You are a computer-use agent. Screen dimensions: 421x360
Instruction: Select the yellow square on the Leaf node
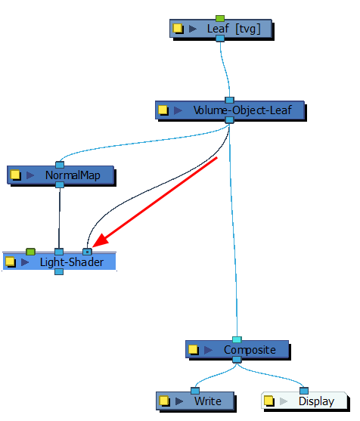click(x=178, y=29)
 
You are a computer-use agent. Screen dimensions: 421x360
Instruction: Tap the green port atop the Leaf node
click(x=220, y=18)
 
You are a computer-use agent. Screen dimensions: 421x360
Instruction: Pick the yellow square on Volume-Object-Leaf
click(x=163, y=110)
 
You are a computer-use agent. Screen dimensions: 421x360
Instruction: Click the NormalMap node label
click(x=73, y=175)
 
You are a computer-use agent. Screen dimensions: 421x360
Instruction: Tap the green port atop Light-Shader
click(x=30, y=251)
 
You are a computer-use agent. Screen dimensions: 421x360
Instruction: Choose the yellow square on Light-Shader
click(x=10, y=262)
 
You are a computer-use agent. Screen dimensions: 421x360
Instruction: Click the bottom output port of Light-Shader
click(x=59, y=271)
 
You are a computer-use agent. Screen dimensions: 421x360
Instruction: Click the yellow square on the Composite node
click(x=194, y=350)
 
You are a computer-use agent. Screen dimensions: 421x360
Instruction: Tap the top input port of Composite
click(x=237, y=340)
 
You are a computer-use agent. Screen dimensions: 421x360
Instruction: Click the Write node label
click(x=208, y=401)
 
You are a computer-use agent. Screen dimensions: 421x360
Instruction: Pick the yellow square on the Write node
click(x=163, y=401)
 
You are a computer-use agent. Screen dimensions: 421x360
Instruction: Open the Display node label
click(x=316, y=401)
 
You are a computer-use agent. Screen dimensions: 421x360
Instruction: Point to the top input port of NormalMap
click(x=59, y=166)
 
